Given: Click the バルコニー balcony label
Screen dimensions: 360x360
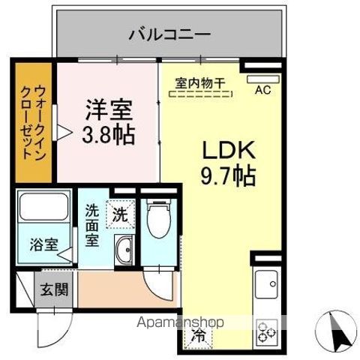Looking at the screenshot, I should tap(169, 33).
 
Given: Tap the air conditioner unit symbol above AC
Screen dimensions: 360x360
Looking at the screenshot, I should tap(262, 76).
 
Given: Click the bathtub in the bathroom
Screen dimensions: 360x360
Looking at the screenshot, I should tap(44, 211).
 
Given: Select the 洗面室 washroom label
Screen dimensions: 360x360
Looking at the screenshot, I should tap(92, 225).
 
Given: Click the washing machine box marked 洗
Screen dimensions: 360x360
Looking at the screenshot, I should tap(120, 214).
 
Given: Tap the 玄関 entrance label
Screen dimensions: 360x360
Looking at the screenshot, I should tap(54, 289).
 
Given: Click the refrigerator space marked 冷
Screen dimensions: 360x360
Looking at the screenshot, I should tap(200, 335).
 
